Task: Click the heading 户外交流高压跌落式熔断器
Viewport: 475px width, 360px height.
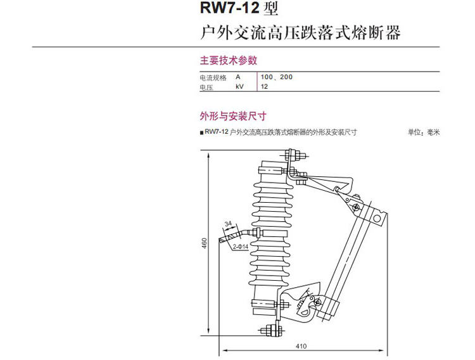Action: tap(300, 32)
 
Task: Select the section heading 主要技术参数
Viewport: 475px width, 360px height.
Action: tap(229, 61)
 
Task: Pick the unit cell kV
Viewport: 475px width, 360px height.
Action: tap(239, 87)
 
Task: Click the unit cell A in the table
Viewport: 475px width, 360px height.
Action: tap(238, 78)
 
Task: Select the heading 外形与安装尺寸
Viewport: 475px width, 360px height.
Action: tap(232, 116)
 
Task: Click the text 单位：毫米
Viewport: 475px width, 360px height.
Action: tap(423, 132)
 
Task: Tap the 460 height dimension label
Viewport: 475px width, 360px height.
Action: tap(205, 243)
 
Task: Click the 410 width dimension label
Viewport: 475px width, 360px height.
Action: tap(300, 346)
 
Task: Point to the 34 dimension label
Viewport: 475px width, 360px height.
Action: tap(229, 224)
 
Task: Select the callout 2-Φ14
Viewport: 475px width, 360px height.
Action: tap(240, 247)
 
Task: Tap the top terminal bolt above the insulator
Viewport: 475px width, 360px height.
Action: tap(294, 155)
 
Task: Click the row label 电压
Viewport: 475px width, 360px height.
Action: tap(206, 87)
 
